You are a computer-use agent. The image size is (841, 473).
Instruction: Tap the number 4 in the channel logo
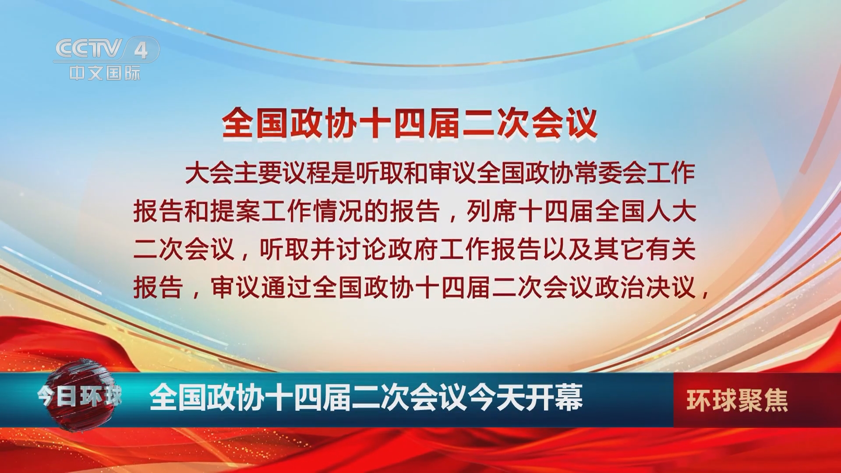point(141,51)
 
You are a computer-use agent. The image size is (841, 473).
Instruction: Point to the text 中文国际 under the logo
point(105,73)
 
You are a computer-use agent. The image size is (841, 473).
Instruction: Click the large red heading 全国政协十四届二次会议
point(410,123)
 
